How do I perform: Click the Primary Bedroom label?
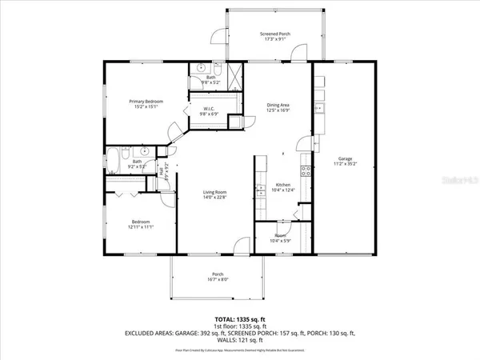147,102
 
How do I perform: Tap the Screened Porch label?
275,34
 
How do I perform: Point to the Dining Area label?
278,106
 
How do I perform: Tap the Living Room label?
214,192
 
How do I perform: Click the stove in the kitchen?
305,170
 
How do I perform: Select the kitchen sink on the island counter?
260,191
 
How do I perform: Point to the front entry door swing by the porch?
249,247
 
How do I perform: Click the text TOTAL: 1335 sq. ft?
239,318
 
